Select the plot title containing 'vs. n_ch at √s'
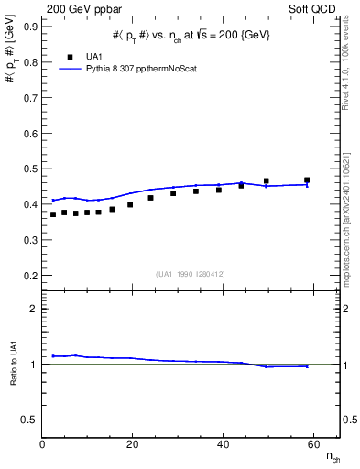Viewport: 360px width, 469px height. tap(191, 34)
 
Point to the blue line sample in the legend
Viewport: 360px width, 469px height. tap(69, 69)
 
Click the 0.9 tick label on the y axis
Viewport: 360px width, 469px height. tap(30, 27)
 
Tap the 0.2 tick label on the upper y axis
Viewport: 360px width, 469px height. tap(30, 275)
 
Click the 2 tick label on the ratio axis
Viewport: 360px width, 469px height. tap(34, 309)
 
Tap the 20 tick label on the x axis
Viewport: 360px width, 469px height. tap(133, 444)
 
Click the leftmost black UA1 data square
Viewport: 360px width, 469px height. tap(53, 214)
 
